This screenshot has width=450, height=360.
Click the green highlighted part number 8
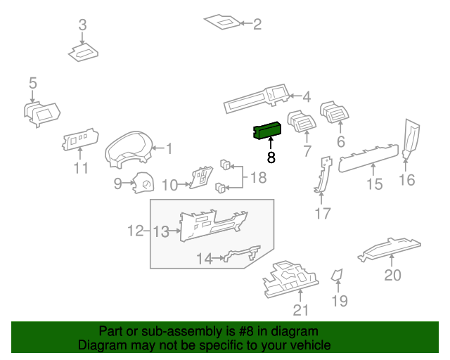pos(267,130)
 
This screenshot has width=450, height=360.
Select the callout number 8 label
pos(271,158)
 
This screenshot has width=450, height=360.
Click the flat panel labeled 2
pos(223,22)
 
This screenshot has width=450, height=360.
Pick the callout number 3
pos(82,26)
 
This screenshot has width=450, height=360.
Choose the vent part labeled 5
pos(41,112)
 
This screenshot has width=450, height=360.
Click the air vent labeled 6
pos(335,112)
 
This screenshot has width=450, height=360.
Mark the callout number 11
pos(82,168)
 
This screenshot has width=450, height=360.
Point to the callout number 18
pos(258,178)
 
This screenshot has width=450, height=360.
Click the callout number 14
pos(204,259)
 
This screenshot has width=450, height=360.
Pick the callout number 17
pos(322,214)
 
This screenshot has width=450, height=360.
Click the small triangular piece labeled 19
pos(337,275)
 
